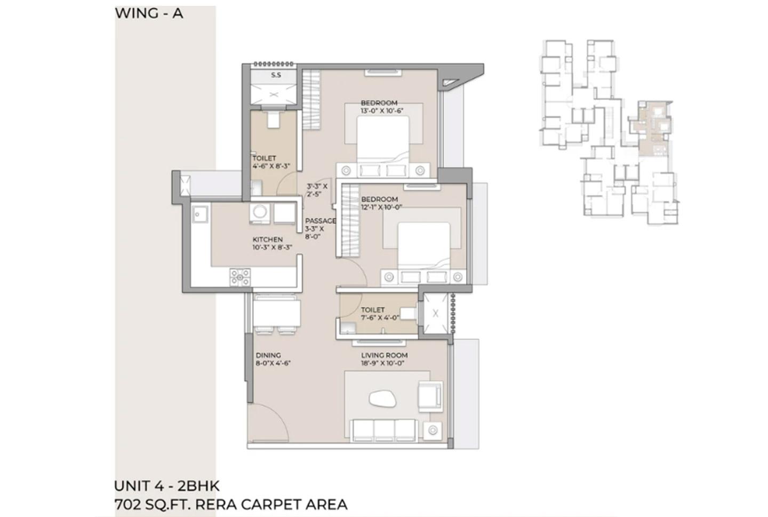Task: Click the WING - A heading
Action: pyautogui.click(x=149, y=13)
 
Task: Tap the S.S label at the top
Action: pyautogui.click(x=276, y=75)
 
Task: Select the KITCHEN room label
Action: pyautogui.click(x=267, y=239)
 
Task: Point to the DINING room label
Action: pyautogui.click(x=268, y=355)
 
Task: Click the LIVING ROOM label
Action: pyautogui.click(x=384, y=355)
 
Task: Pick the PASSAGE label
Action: pyautogui.click(x=320, y=221)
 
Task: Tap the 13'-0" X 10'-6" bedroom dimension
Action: pyautogui.click(x=382, y=111)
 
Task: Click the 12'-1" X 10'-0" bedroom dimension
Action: pyautogui.click(x=381, y=207)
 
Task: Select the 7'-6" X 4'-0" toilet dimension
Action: pyautogui.click(x=380, y=318)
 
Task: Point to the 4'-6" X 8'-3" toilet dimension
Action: pyautogui.click(x=271, y=166)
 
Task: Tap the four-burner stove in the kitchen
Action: pyautogui.click(x=240, y=277)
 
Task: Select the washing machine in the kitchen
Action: pyautogui.click(x=260, y=213)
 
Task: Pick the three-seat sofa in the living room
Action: pyautogui.click(x=383, y=430)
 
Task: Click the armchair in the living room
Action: pyautogui.click(x=430, y=395)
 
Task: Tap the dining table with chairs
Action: pyautogui.click(x=276, y=314)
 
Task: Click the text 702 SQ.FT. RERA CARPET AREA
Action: pyautogui.click(x=230, y=504)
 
